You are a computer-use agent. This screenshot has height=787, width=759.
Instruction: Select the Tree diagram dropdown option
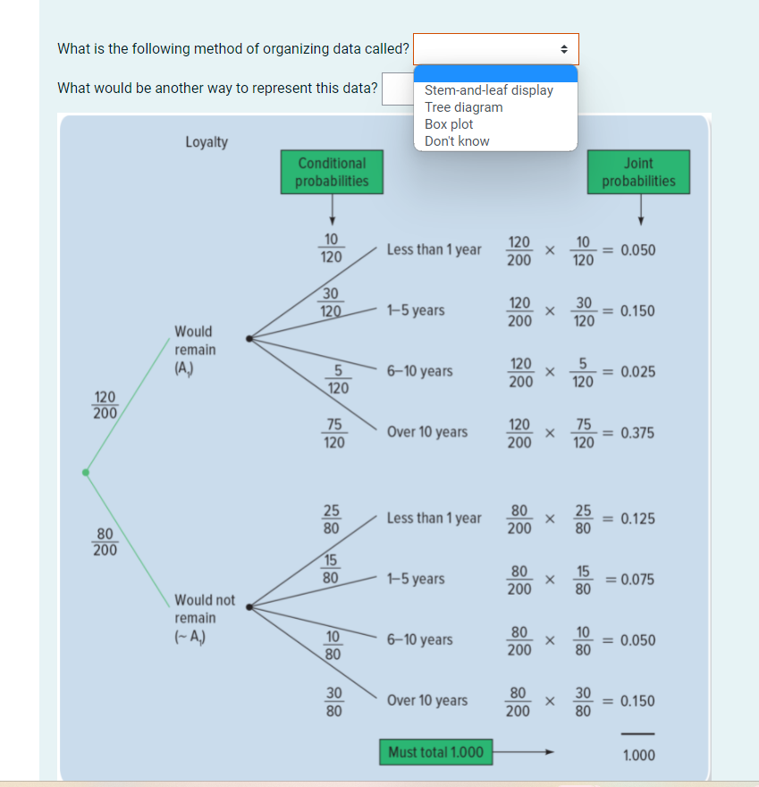[463, 107]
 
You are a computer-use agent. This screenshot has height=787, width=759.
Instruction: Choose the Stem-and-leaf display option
[488, 90]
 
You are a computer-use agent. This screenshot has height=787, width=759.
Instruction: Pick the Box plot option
[449, 124]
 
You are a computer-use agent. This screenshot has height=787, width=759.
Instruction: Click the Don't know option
[457, 141]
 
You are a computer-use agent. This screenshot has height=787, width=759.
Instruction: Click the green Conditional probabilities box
[332, 172]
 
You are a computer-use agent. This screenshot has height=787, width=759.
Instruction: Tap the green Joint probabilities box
[638, 172]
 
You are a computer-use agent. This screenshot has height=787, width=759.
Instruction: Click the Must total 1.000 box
[435, 752]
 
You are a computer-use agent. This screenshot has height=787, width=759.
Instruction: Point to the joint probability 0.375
[637, 433]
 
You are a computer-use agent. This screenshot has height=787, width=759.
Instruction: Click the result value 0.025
[637, 371]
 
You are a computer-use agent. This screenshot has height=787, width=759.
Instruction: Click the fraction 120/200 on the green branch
[105, 404]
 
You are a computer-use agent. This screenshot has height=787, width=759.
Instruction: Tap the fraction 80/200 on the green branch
[105, 542]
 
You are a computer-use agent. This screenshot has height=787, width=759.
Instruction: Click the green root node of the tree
[86, 472]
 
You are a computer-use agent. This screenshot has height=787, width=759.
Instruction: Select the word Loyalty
[207, 142]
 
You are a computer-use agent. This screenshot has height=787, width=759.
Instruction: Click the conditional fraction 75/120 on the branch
[333, 433]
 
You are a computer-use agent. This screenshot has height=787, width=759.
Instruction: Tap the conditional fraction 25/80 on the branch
[331, 519]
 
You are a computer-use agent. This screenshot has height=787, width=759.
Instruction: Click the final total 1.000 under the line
[637, 756]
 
